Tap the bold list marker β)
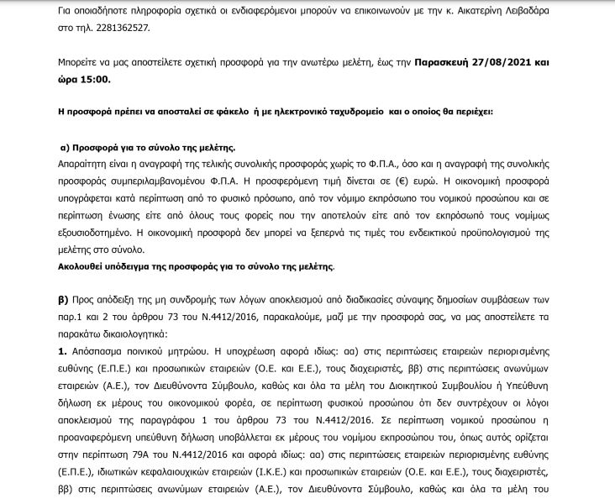[x=61, y=298]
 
